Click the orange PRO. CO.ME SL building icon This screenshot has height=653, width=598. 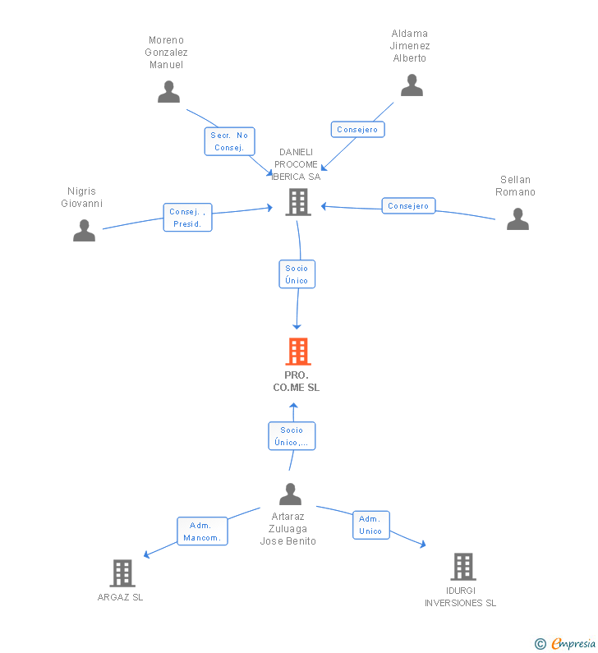pos(298,351)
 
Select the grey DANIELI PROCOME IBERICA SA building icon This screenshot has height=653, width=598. pos(298,202)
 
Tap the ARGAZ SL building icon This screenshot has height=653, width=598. pos(122,573)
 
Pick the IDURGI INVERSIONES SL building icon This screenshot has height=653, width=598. pos(463,567)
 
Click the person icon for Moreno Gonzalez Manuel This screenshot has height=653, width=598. pos(168,92)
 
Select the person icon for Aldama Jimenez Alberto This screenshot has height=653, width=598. pos(412,85)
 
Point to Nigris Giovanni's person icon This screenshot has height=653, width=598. pos(84,230)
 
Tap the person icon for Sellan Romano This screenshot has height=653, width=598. pos(517,219)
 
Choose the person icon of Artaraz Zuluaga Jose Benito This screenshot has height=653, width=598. pos(290,494)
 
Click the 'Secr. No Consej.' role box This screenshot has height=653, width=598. pos(229,141)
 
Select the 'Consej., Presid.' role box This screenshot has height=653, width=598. pos(188,218)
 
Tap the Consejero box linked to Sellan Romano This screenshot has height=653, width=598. pos(408,205)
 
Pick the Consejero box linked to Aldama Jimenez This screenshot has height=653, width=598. pos(357,129)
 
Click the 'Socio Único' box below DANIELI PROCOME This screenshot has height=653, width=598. pos(297,274)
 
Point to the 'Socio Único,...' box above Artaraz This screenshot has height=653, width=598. pos(292,436)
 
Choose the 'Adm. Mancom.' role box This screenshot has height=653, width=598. pos(202,531)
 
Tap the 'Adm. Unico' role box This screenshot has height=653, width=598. pos(371,525)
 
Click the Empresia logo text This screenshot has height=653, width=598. pos(573,644)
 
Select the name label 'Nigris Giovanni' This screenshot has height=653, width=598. pos(81,197)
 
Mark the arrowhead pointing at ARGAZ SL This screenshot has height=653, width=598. pos(146,554)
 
